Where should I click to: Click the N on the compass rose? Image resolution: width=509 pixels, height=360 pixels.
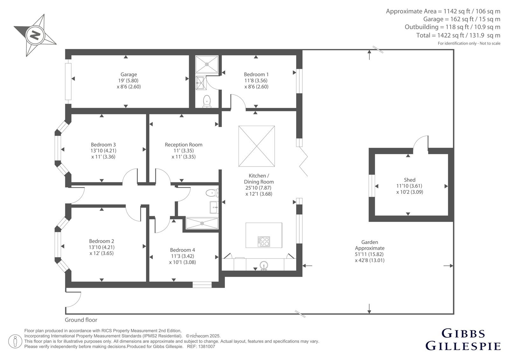[x=35, y=35]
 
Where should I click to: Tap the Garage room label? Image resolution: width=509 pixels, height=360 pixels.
[x=129, y=74]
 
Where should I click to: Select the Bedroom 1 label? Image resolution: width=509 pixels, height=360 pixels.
[x=256, y=74]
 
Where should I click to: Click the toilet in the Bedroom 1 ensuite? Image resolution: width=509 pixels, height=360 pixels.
[x=207, y=101]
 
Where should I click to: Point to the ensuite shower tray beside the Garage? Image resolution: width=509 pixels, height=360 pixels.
[x=207, y=64]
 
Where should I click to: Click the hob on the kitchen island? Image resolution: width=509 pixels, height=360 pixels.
[x=264, y=242]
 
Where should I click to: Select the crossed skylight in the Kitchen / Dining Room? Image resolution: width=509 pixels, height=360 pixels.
[x=256, y=146]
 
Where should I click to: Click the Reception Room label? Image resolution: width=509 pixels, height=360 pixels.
[x=183, y=145]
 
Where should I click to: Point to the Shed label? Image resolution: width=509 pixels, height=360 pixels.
[x=409, y=180]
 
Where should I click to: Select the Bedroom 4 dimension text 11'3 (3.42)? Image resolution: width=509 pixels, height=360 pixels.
[x=183, y=256]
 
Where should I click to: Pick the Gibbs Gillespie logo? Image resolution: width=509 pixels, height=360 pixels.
[x=463, y=340]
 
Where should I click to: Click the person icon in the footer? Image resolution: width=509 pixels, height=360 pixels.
[x=15, y=341]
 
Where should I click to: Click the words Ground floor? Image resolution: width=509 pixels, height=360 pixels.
[x=81, y=320]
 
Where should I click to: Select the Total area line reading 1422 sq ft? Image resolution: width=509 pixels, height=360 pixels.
[x=458, y=35]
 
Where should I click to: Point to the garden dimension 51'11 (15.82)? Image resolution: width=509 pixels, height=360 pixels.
[x=369, y=254]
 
